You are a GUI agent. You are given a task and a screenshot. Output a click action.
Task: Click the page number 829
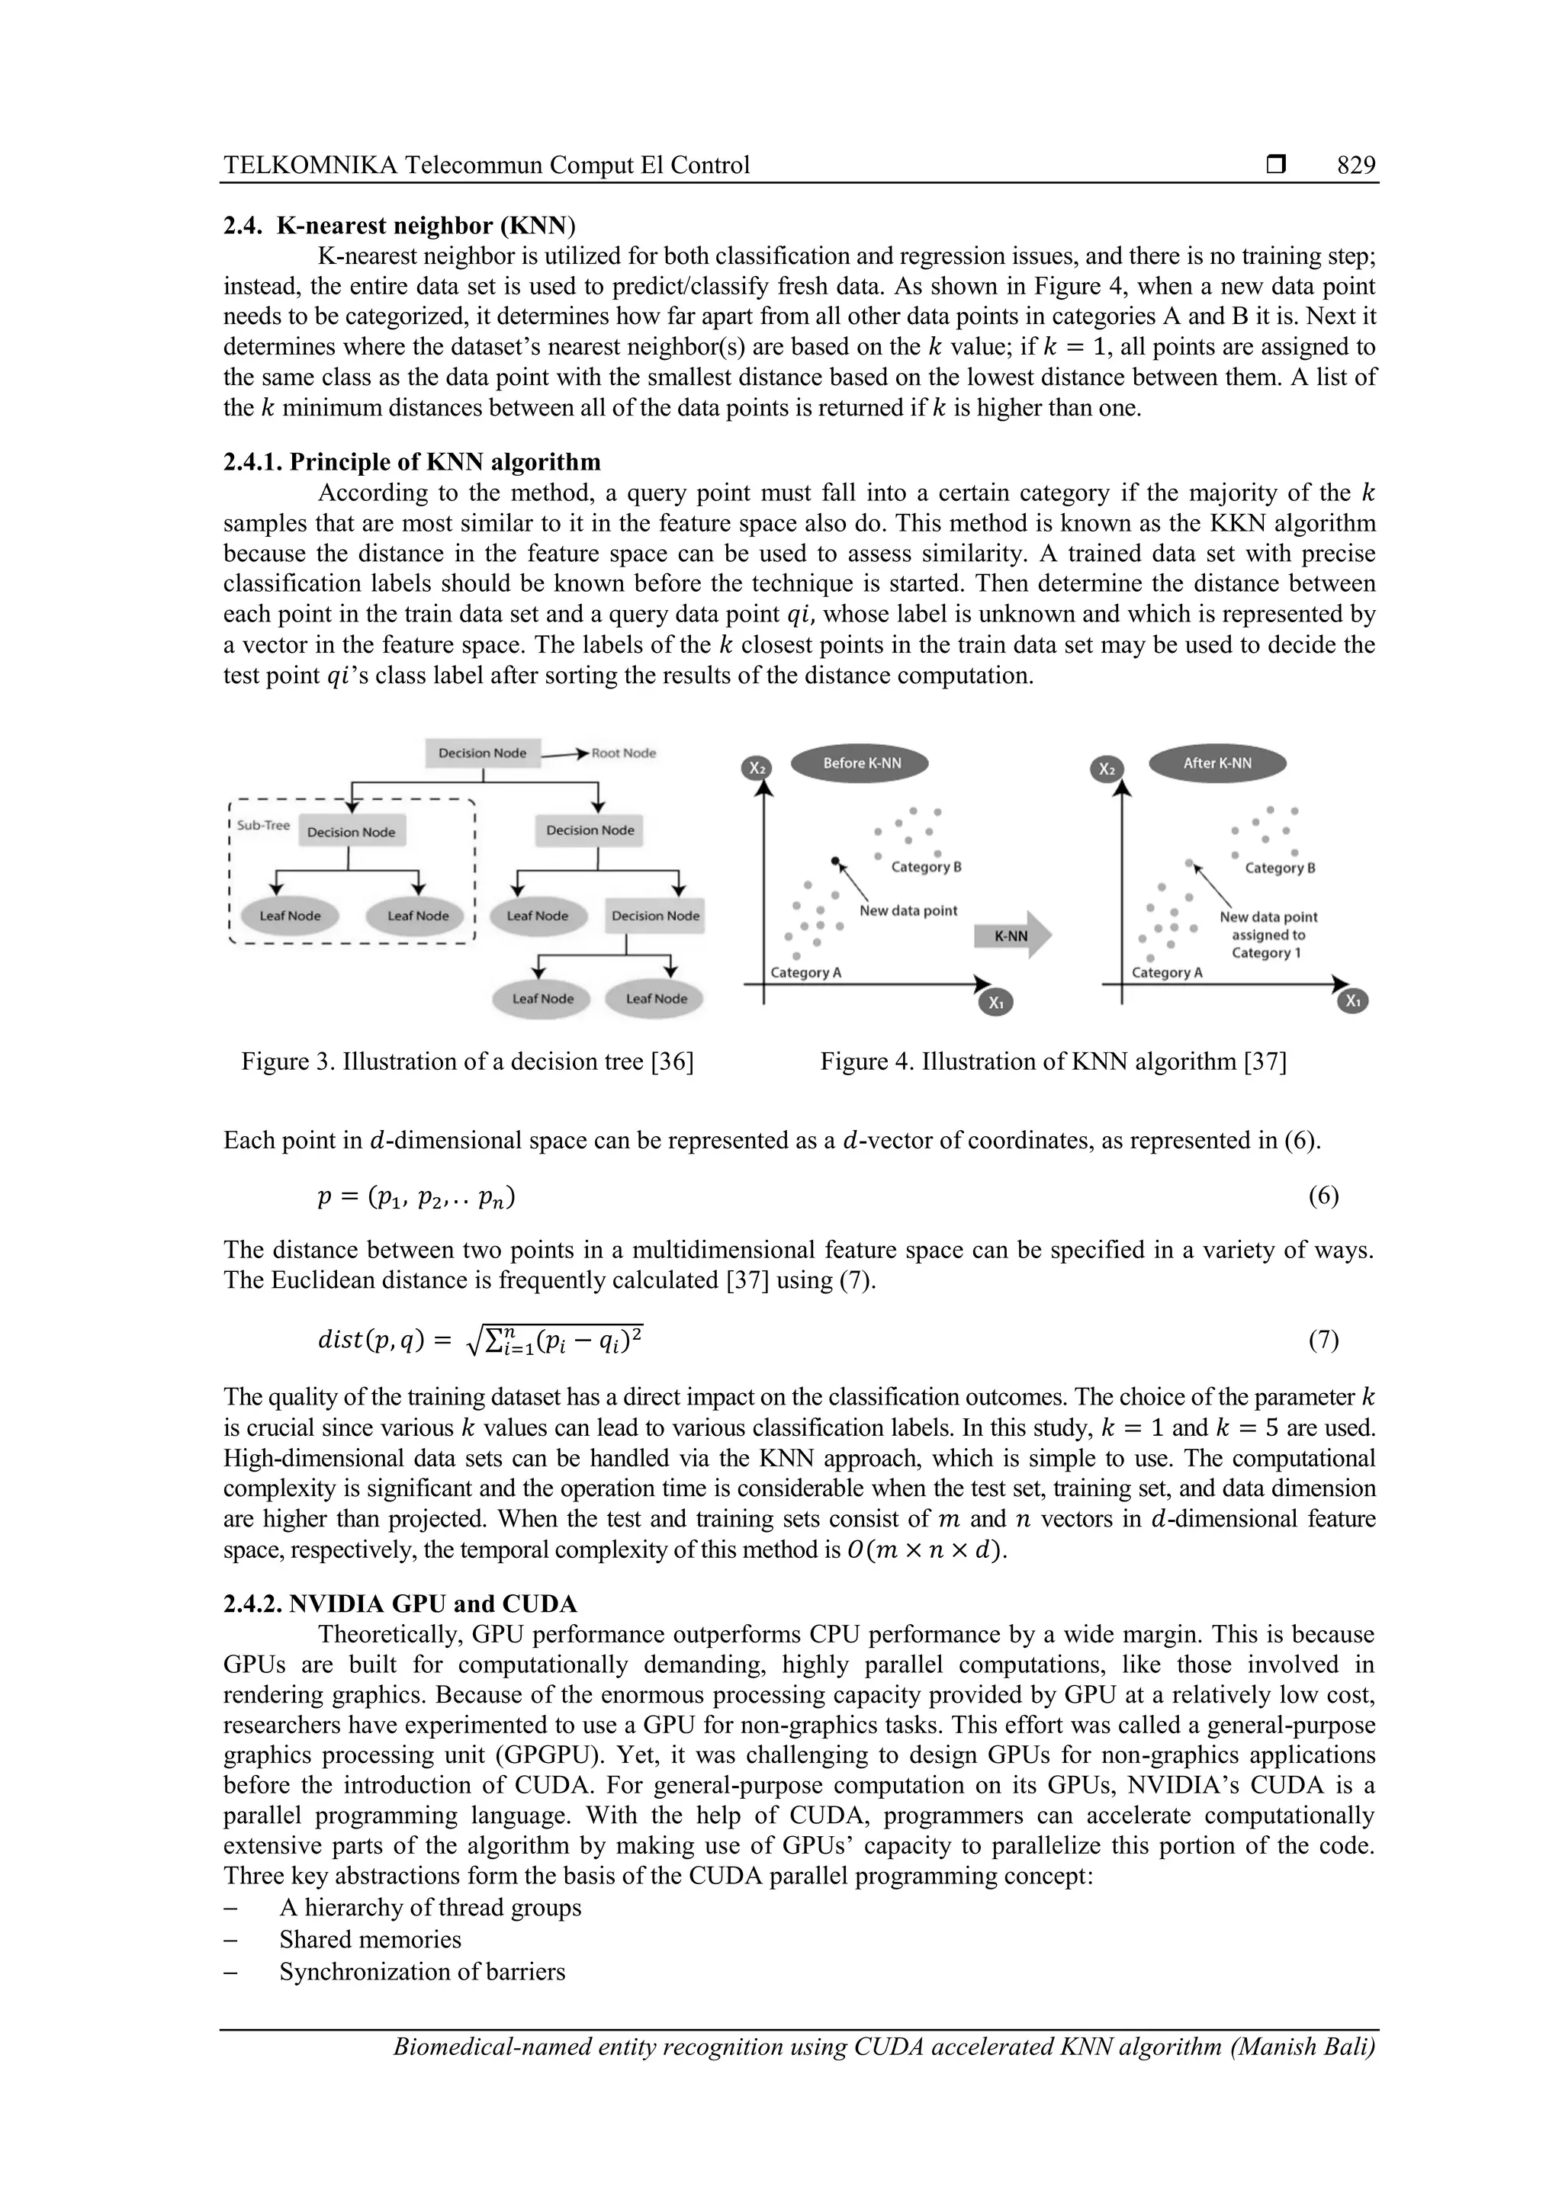[x=1355, y=165]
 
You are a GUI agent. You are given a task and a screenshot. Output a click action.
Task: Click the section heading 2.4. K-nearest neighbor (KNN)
[x=400, y=226]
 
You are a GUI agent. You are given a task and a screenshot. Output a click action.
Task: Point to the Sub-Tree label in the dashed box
[x=262, y=826]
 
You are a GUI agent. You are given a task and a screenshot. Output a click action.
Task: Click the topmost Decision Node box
[x=482, y=753]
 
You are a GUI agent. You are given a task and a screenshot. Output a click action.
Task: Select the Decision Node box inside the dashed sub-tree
[x=352, y=832]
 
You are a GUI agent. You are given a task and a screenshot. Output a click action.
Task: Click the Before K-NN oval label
[x=861, y=763]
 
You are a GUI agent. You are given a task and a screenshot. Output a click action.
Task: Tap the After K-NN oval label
[x=1217, y=763]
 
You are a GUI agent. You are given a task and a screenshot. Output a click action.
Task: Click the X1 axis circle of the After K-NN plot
[x=1353, y=1001]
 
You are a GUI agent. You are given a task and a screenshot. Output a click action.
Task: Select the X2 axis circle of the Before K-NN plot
[x=757, y=769]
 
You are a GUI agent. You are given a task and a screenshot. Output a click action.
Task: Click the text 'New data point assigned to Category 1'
[x=1268, y=934]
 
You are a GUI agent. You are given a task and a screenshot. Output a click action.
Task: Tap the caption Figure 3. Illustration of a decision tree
[x=467, y=1061]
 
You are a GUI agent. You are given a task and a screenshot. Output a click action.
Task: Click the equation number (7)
[x=1323, y=1341]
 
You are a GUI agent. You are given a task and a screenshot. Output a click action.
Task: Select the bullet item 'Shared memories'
[x=371, y=1940]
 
